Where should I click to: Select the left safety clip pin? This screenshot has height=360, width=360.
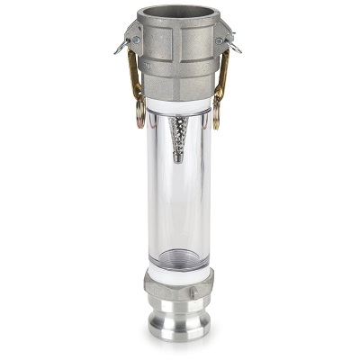click(x=121, y=45)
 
